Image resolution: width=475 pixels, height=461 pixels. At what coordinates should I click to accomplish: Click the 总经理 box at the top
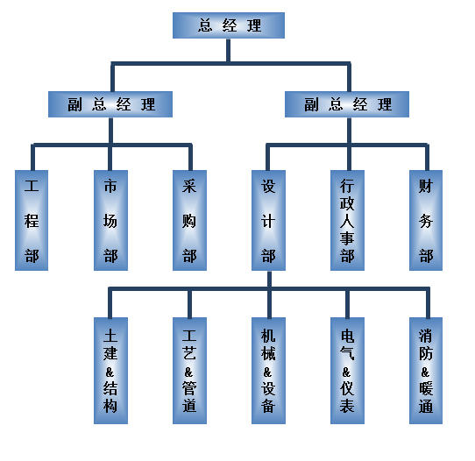[229, 25]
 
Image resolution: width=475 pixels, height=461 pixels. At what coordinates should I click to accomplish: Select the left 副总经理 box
[110, 104]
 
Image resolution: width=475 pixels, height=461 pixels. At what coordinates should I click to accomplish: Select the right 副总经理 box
[347, 104]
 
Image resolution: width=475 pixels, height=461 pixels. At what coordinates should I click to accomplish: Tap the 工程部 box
[32, 220]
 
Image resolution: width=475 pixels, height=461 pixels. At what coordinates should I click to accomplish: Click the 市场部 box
[110, 220]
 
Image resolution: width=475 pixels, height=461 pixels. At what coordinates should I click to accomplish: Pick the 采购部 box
[189, 220]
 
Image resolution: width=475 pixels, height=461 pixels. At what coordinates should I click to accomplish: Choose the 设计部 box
[268, 220]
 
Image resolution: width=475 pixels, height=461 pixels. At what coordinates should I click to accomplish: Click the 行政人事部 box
[347, 220]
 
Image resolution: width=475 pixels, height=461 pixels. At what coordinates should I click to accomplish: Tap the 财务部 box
[426, 220]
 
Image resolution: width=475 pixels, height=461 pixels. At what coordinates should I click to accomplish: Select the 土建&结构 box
[110, 371]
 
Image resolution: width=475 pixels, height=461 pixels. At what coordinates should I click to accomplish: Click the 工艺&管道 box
[189, 371]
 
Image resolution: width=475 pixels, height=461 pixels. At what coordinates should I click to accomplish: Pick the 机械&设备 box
[268, 371]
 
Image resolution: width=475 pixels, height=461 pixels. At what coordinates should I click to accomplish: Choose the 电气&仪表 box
[347, 371]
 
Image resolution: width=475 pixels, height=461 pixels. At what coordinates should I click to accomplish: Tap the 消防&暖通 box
[426, 371]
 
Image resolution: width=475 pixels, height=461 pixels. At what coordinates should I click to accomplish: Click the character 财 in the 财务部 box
[426, 186]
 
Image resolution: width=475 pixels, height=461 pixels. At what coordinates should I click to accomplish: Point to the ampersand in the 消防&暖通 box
[425, 372]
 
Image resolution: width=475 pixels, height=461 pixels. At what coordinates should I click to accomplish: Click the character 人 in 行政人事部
[347, 221]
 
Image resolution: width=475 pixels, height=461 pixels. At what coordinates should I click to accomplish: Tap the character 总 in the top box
[205, 25]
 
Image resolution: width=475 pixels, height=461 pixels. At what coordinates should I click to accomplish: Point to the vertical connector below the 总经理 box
[229, 50]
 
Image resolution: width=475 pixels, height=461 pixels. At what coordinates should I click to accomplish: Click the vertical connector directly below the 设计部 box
[269, 279]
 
